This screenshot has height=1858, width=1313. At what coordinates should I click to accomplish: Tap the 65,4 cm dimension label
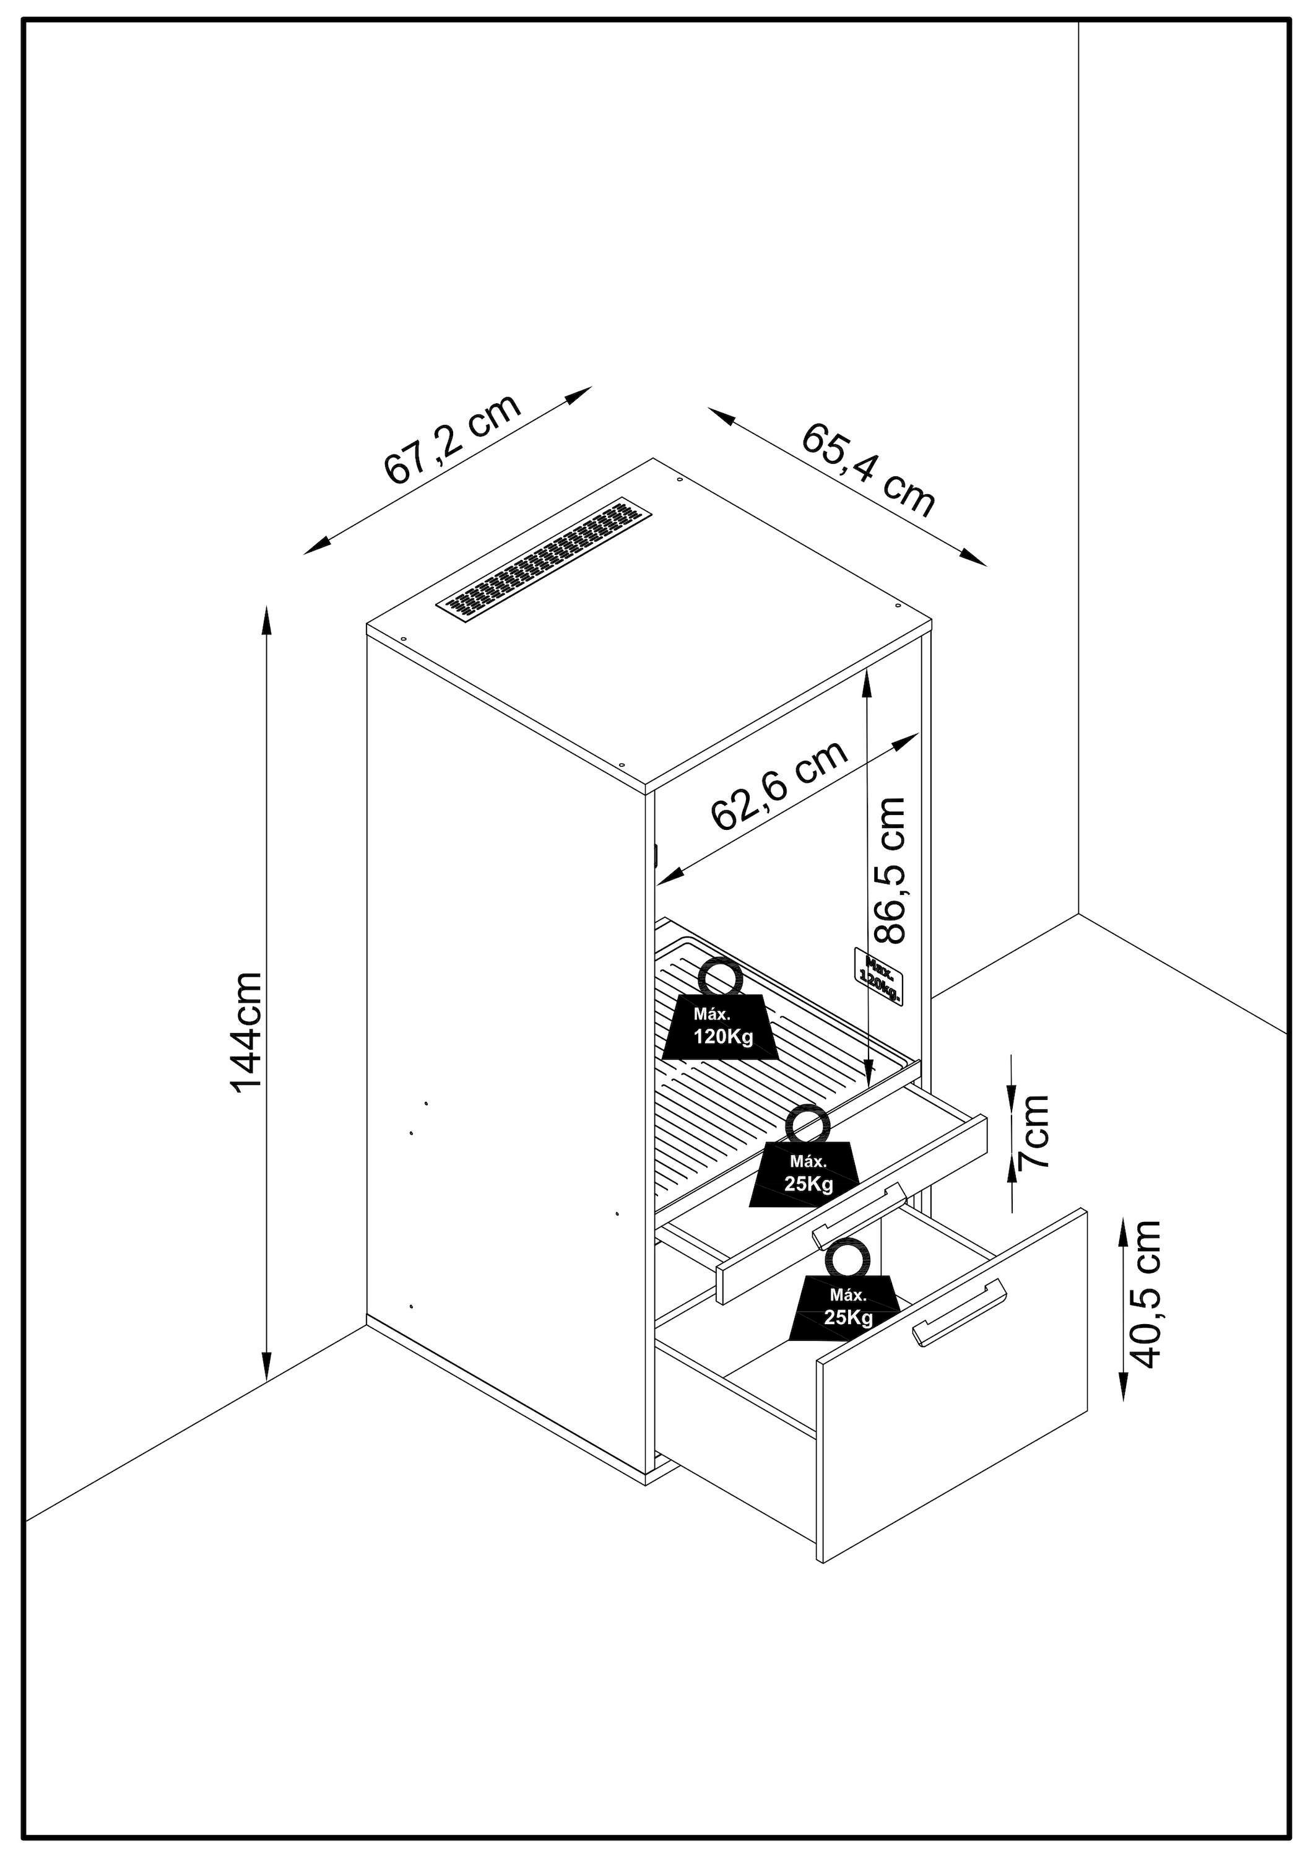868,470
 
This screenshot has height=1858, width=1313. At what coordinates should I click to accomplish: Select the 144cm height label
247,1032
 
